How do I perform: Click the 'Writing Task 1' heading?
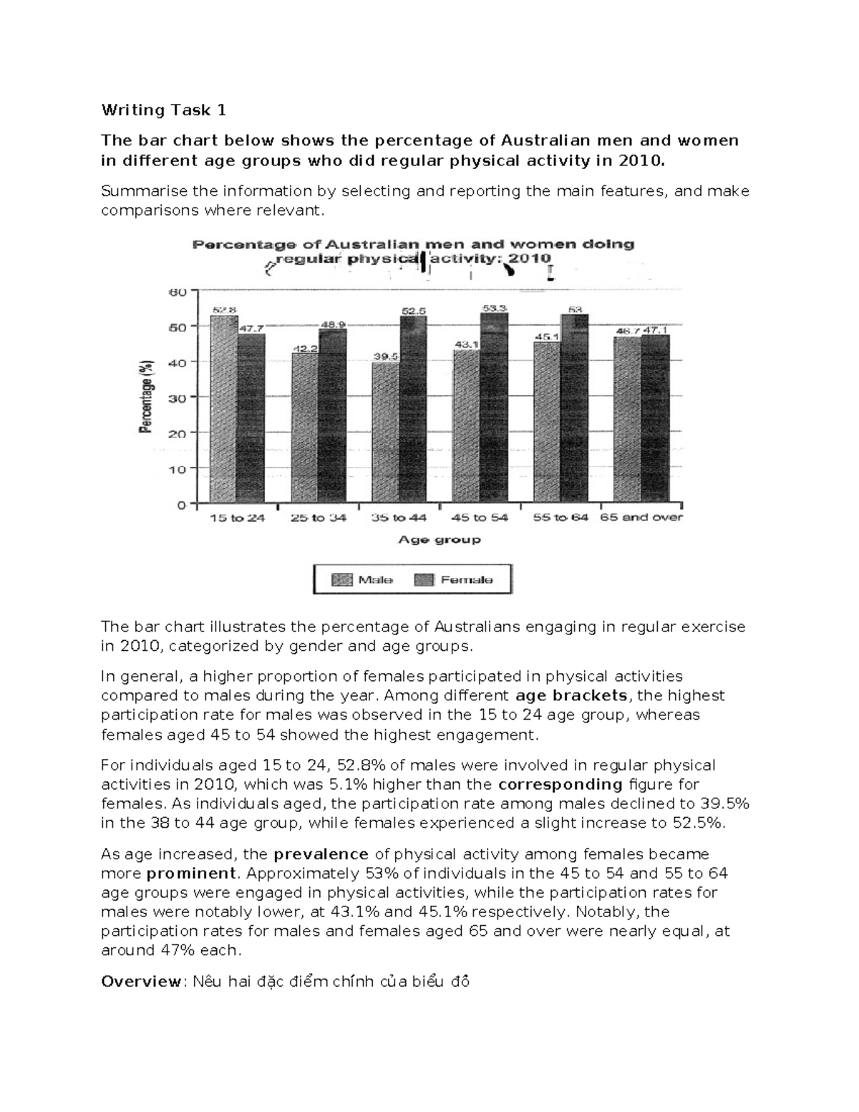pyautogui.click(x=163, y=110)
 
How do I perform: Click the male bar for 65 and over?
pyautogui.click(x=627, y=420)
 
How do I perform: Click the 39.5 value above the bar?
pyautogui.click(x=385, y=356)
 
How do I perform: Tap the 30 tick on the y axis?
pyautogui.click(x=176, y=397)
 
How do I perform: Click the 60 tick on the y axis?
pyautogui.click(x=176, y=292)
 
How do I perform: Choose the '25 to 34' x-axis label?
pyautogui.click(x=318, y=518)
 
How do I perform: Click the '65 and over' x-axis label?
pyautogui.click(x=641, y=517)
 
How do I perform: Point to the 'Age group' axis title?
pyautogui.click(x=439, y=540)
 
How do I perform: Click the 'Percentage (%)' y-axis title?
pyautogui.click(x=146, y=396)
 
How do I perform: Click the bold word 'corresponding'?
pyautogui.click(x=560, y=784)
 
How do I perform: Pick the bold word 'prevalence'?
pyautogui.click(x=320, y=854)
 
